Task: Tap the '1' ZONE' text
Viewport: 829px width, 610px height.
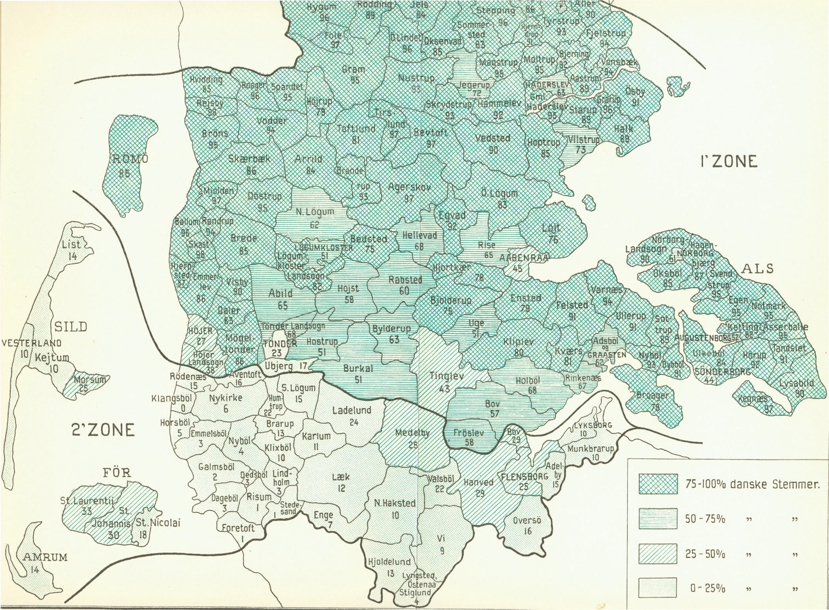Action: click(x=728, y=161)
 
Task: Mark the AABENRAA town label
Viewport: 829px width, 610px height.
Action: click(x=524, y=258)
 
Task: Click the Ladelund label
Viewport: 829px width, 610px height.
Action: click(x=352, y=410)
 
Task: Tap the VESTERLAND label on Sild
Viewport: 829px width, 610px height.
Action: click(x=31, y=343)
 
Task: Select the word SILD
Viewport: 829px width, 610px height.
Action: click(x=71, y=326)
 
